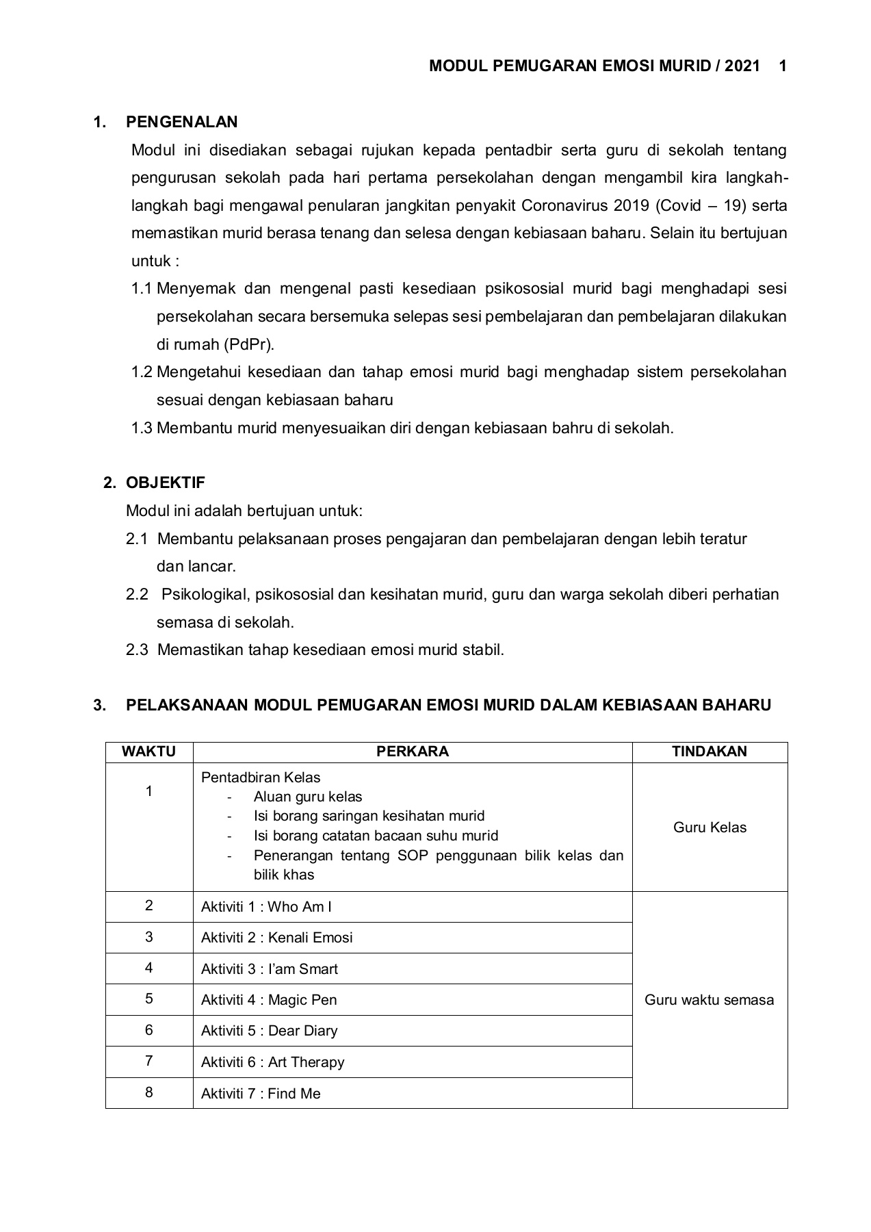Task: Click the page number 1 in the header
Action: pos(783,66)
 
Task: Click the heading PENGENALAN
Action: pos(182,122)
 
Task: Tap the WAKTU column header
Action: pos(148,752)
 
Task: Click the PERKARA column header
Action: pos(412,752)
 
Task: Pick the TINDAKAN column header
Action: pos(709,752)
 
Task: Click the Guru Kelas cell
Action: pos(710,827)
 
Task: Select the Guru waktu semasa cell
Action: pos(709,1000)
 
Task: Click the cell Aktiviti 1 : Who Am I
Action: pos(266,907)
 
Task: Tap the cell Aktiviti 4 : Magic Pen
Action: pos(269,1000)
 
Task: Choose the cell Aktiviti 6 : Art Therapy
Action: pos(272,1062)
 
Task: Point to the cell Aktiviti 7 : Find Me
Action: pos(261,1094)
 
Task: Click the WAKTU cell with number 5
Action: pos(148,999)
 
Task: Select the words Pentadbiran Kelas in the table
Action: pos(261,778)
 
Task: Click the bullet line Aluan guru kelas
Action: pos(308,797)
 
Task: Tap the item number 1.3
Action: pos(142,428)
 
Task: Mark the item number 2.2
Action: pos(137,594)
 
